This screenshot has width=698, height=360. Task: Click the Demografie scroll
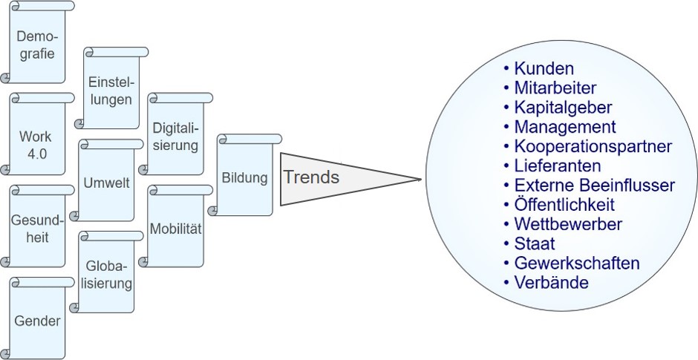(x=37, y=45)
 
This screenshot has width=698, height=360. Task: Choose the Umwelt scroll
(x=107, y=183)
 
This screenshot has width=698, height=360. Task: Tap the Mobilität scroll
(x=175, y=229)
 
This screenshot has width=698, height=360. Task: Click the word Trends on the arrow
(x=311, y=177)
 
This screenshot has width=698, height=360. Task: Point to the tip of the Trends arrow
(x=420, y=179)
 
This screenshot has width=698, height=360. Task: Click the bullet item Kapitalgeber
(x=563, y=108)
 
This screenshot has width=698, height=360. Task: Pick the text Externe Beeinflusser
(x=594, y=185)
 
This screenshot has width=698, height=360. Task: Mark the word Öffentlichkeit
(x=564, y=204)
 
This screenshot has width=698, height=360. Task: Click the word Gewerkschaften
(x=576, y=263)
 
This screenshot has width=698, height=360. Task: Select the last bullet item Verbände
(x=551, y=282)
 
